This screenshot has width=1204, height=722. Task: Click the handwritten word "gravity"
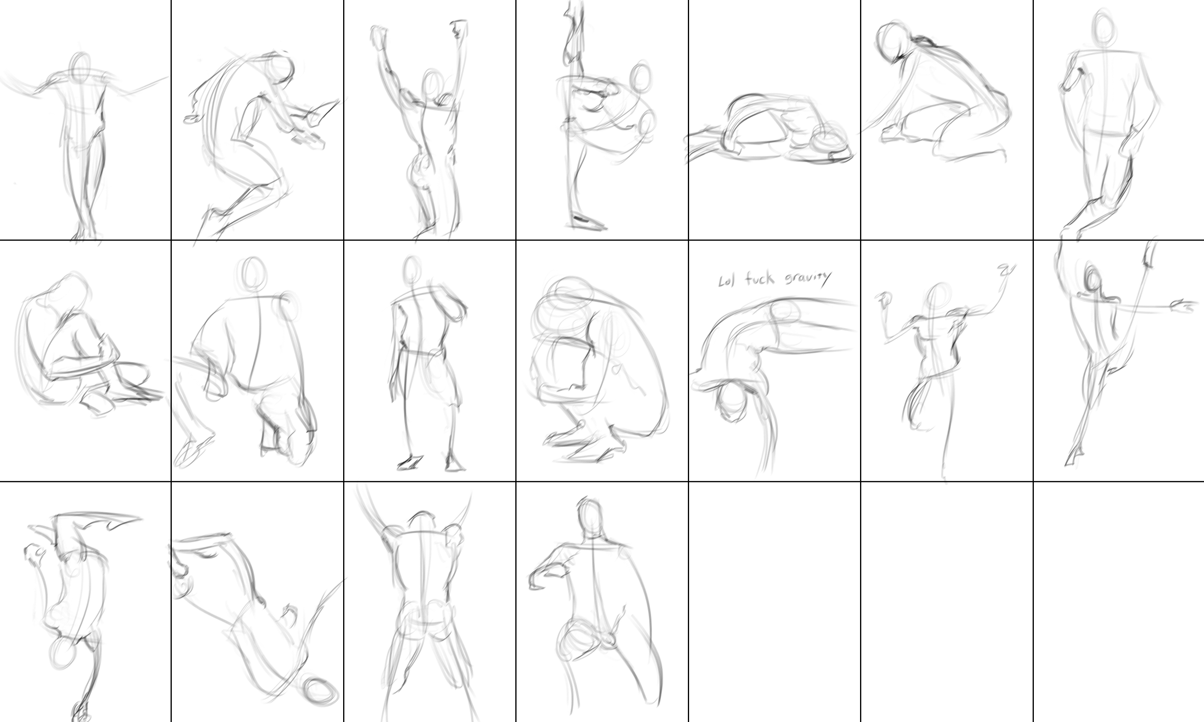[808, 278]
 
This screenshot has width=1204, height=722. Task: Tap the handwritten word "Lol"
[726, 281]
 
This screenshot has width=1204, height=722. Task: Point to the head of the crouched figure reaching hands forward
[281, 68]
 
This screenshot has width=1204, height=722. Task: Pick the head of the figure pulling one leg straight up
[641, 78]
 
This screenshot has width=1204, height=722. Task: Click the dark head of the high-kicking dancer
[1092, 281]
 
